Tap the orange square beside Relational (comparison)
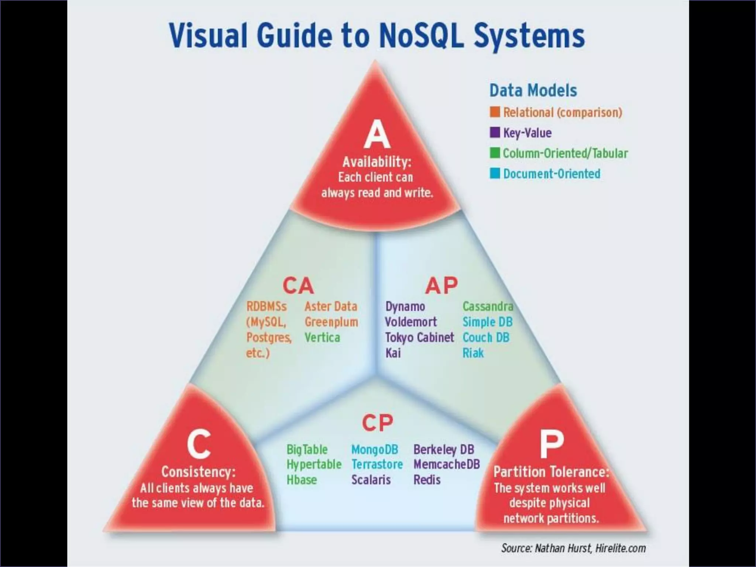[495, 112]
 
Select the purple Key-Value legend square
[495, 133]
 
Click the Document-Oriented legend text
[551, 173]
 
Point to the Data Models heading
[533, 90]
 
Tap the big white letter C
[199, 444]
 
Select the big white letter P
[551, 444]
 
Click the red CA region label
[298, 286]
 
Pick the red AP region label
[441, 286]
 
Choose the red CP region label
[377, 423]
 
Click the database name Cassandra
[488, 306]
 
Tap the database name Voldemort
[410, 322]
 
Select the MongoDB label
[374, 450]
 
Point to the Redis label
[427, 480]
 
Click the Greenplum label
[331, 322]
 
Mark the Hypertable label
[314, 464]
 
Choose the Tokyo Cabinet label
[419, 337]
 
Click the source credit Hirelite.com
[620, 548]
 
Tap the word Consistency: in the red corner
[198, 472]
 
